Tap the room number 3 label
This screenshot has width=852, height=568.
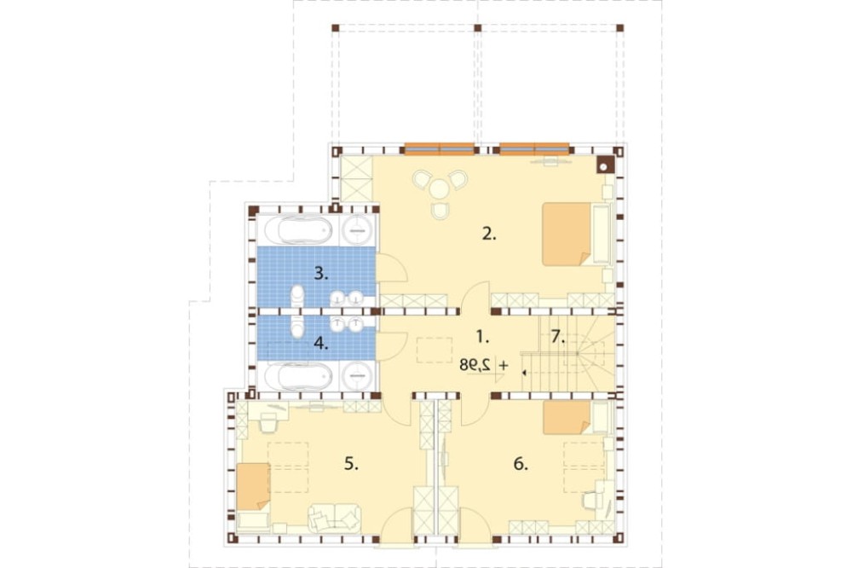coord(321,273)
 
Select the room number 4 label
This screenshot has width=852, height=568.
coord(321,344)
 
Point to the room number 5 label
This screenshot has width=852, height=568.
coord(352,464)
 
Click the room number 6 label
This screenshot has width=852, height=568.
coord(521,464)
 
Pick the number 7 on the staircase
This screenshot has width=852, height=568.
coord(557,338)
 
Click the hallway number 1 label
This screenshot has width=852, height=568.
coord(482,338)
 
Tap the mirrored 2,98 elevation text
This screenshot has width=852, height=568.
coord(475,365)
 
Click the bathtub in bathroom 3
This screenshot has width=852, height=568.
coord(304,230)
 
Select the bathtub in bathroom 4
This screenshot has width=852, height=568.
coord(304,375)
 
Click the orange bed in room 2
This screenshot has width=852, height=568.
coord(567,234)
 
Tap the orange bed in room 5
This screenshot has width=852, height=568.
coord(254,486)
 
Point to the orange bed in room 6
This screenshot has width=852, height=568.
coord(567,417)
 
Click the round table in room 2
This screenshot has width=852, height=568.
coord(439,189)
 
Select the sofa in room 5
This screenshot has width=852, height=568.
coord(334,518)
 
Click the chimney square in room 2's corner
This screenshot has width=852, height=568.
coord(605,165)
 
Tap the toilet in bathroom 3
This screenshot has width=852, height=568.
coord(297,297)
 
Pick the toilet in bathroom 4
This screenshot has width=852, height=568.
coord(297,325)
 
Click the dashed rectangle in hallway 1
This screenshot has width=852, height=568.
coord(435,350)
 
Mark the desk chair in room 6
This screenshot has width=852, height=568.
coord(590,500)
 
